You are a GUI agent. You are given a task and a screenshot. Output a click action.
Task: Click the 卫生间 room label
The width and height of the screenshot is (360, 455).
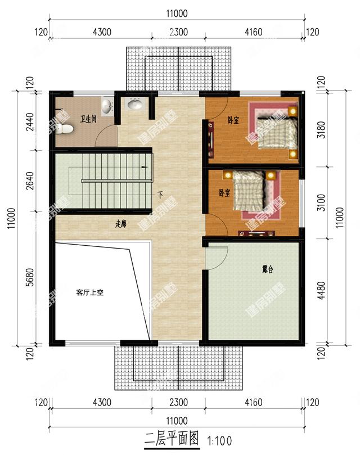tap(88, 119)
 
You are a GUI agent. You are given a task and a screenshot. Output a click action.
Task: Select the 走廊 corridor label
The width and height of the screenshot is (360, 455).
tap(120, 224)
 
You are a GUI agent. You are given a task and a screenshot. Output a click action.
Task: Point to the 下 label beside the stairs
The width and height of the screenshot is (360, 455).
tap(160, 195)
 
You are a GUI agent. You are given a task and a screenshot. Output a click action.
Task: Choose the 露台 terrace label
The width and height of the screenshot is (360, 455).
tap(267, 270)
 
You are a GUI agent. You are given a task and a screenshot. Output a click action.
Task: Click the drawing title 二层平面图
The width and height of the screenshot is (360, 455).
tap(172, 439)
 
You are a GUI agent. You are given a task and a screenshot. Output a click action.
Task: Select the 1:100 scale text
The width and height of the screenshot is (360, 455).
tap(219, 440)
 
